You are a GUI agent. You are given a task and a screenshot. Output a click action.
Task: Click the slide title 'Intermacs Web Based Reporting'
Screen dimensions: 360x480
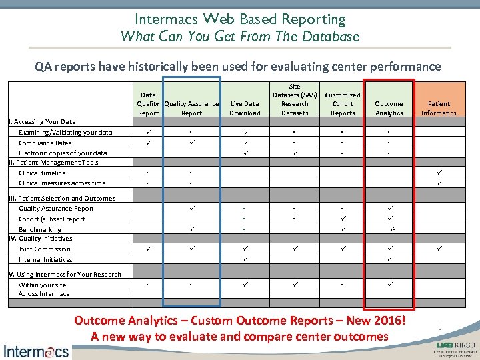click(x=240, y=19)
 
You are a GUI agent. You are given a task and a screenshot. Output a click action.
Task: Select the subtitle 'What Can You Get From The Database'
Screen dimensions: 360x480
click(x=240, y=37)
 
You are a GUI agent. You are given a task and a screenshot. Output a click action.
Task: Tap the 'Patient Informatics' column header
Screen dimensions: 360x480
click(x=439, y=108)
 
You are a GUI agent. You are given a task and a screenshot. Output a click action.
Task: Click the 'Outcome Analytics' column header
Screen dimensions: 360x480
click(x=389, y=108)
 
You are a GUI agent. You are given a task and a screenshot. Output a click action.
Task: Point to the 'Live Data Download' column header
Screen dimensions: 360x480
click(x=244, y=108)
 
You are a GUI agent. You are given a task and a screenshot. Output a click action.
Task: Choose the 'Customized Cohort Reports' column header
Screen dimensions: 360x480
click(x=343, y=104)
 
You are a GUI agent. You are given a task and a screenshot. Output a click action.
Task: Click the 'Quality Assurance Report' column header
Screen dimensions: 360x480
click(x=191, y=108)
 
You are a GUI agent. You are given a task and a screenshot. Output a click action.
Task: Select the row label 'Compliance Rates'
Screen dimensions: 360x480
click(x=45, y=143)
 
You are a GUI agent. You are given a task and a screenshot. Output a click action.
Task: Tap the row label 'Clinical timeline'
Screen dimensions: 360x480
click(x=42, y=173)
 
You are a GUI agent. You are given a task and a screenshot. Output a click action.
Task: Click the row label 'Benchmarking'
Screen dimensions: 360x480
click(x=40, y=229)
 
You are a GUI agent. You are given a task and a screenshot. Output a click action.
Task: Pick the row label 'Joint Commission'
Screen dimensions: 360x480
click(x=45, y=249)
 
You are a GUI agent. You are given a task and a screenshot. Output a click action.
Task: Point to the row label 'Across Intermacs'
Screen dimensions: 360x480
click(x=44, y=293)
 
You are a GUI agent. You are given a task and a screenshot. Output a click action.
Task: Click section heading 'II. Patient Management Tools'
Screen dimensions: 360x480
click(x=53, y=163)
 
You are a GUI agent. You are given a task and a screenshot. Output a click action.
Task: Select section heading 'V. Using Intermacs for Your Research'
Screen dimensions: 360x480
click(x=65, y=274)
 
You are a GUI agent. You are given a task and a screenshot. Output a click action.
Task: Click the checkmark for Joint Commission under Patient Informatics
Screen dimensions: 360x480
click(x=439, y=249)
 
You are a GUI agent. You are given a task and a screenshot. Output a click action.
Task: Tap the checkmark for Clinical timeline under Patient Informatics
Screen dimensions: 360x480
click(x=439, y=173)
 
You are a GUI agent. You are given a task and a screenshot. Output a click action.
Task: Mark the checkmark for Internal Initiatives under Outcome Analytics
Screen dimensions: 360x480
click(x=389, y=259)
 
